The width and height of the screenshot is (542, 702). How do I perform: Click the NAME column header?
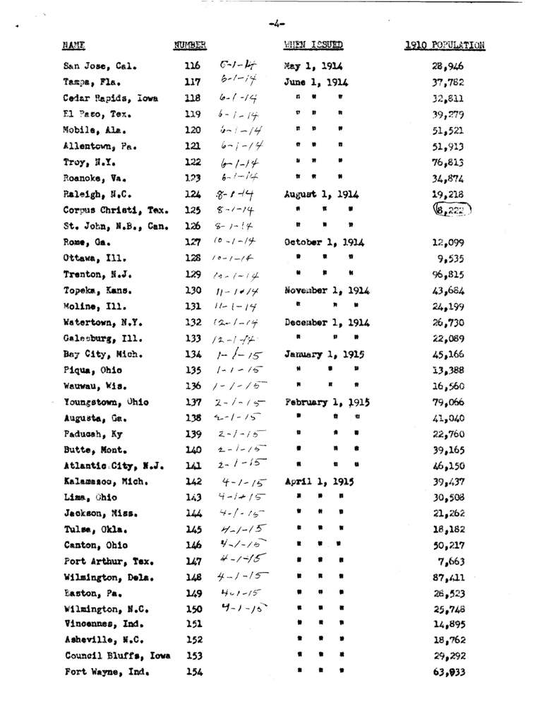point(73,47)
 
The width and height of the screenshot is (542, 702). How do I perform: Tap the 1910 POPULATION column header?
point(445,47)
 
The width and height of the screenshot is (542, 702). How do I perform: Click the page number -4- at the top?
point(277,23)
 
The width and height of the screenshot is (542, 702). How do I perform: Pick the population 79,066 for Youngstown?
point(448,403)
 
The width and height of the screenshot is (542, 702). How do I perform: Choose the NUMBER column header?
point(189,47)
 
